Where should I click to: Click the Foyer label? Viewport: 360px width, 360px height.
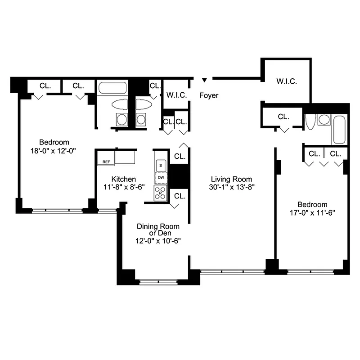tap(209, 95)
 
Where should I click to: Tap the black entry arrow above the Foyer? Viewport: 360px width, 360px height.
tap(205, 80)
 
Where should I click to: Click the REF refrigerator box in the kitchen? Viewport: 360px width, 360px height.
tap(106, 162)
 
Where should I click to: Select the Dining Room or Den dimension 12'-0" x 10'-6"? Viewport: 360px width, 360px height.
tap(158, 241)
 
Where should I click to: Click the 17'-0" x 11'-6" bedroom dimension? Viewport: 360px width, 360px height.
tap(312, 211)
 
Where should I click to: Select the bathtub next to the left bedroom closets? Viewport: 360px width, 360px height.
tap(112, 88)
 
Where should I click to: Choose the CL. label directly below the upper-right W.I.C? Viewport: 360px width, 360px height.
tap(283, 117)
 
